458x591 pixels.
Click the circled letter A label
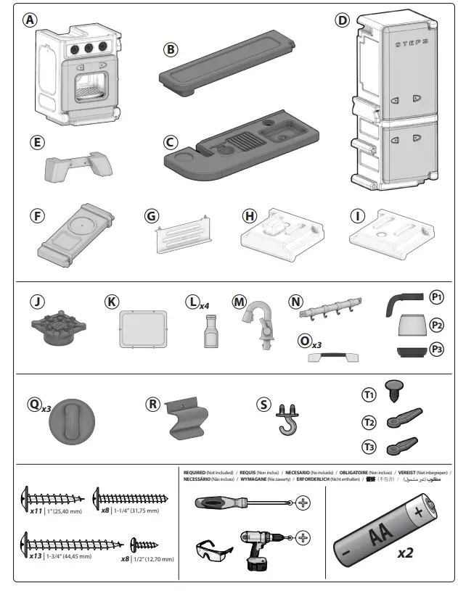tap(30, 20)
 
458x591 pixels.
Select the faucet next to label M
tap(253, 323)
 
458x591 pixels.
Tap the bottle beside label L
tap(192, 332)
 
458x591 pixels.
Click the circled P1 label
tap(436, 297)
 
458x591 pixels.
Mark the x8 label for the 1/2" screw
tap(128, 558)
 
